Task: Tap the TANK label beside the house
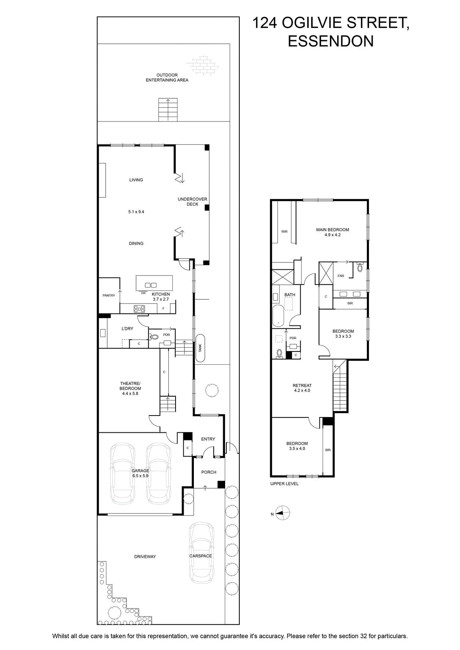(200, 348)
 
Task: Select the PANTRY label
(109, 295)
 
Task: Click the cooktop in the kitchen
(139, 309)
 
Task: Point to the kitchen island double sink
(151, 285)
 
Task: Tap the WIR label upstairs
(284, 232)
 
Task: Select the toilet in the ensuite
(360, 267)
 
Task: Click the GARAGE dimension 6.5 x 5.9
(141, 476)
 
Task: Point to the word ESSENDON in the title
(330, 41)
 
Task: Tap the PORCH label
(209, 472)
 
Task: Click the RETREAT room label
(302, 386)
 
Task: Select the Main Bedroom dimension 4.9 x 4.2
(332, 235)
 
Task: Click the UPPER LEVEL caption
(284, 484)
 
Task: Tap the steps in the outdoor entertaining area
(168, 110)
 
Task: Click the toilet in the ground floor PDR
(154, 337)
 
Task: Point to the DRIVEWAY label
(145, 556)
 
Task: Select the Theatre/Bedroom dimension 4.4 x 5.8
(130, 394)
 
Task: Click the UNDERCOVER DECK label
(193, 201)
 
